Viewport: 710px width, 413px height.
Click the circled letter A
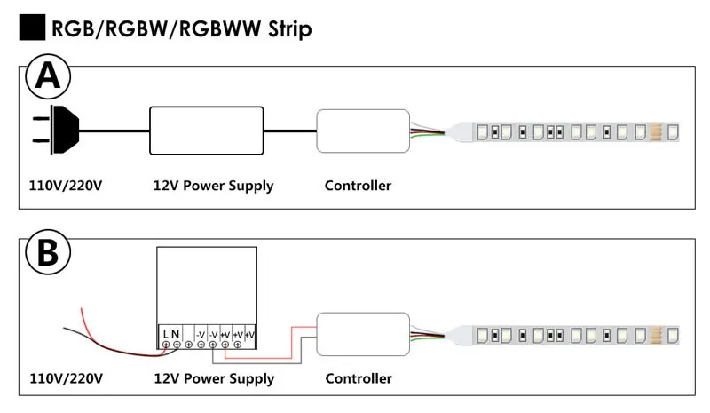(x=48, y=76)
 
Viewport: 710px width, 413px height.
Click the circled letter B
(x=48, y=252)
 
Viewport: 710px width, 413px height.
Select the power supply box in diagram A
(x=207, y=131)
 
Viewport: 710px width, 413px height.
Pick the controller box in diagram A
(x=363, y=131)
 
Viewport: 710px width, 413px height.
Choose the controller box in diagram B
(x=363, y=334)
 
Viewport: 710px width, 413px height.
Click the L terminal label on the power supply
(x=165, y=334)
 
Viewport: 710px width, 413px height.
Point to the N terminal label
(x=175, y=334)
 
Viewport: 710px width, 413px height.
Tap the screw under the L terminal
(x=166, y=345)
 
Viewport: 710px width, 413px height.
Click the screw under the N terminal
(x=177, y=345)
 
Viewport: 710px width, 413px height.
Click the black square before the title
(x=32, y=28)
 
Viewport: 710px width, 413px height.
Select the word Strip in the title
(x=290, y=29)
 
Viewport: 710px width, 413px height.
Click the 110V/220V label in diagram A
(x=66, y=186)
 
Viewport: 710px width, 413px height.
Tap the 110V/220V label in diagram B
(x=66, y=378)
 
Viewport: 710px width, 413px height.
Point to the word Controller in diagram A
(x=359, y=186)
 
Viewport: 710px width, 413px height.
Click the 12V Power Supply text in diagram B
(x=214, y=379)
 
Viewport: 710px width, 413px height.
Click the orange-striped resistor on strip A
(x=656, y=132)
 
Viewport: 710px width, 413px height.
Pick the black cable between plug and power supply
(x=114, y=131)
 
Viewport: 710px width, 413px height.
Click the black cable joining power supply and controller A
(x=290, y=131)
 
